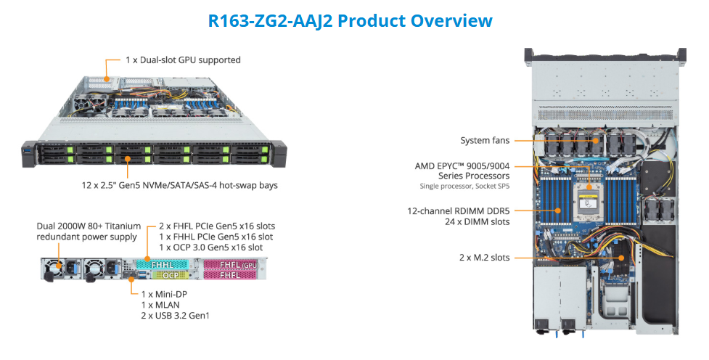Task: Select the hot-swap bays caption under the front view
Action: point(179,185)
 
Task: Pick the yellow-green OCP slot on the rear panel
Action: point(170,276)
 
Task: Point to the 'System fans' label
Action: point(485,141)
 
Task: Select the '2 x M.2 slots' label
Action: point(484,258)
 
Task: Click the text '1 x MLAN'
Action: point(160,305)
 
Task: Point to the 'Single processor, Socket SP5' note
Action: point(464,187)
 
